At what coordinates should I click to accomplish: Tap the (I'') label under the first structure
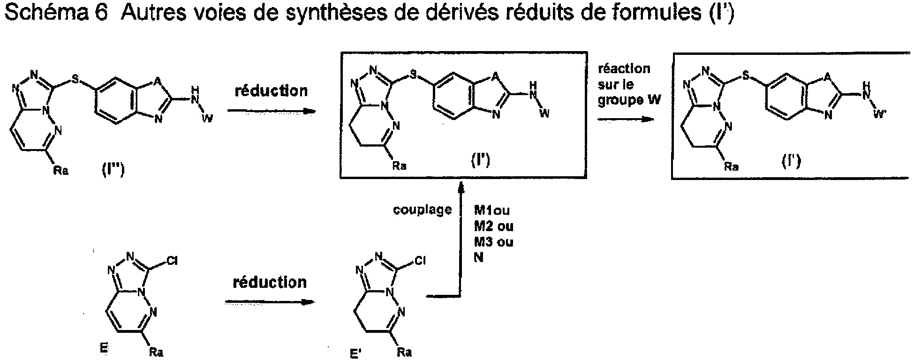click(x=113, y=171)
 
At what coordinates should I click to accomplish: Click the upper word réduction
click(x=271, y=90)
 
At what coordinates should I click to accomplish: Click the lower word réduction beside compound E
click(x=270, y=282)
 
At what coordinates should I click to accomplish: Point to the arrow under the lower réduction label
click(x=269, y=302)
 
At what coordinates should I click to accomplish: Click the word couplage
click(x=423, y=210)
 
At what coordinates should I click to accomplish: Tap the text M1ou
click(x=492, y=210)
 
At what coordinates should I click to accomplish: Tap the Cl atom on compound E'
click(x=420, y=262)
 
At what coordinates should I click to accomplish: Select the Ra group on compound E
click(x=156, y=352)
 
